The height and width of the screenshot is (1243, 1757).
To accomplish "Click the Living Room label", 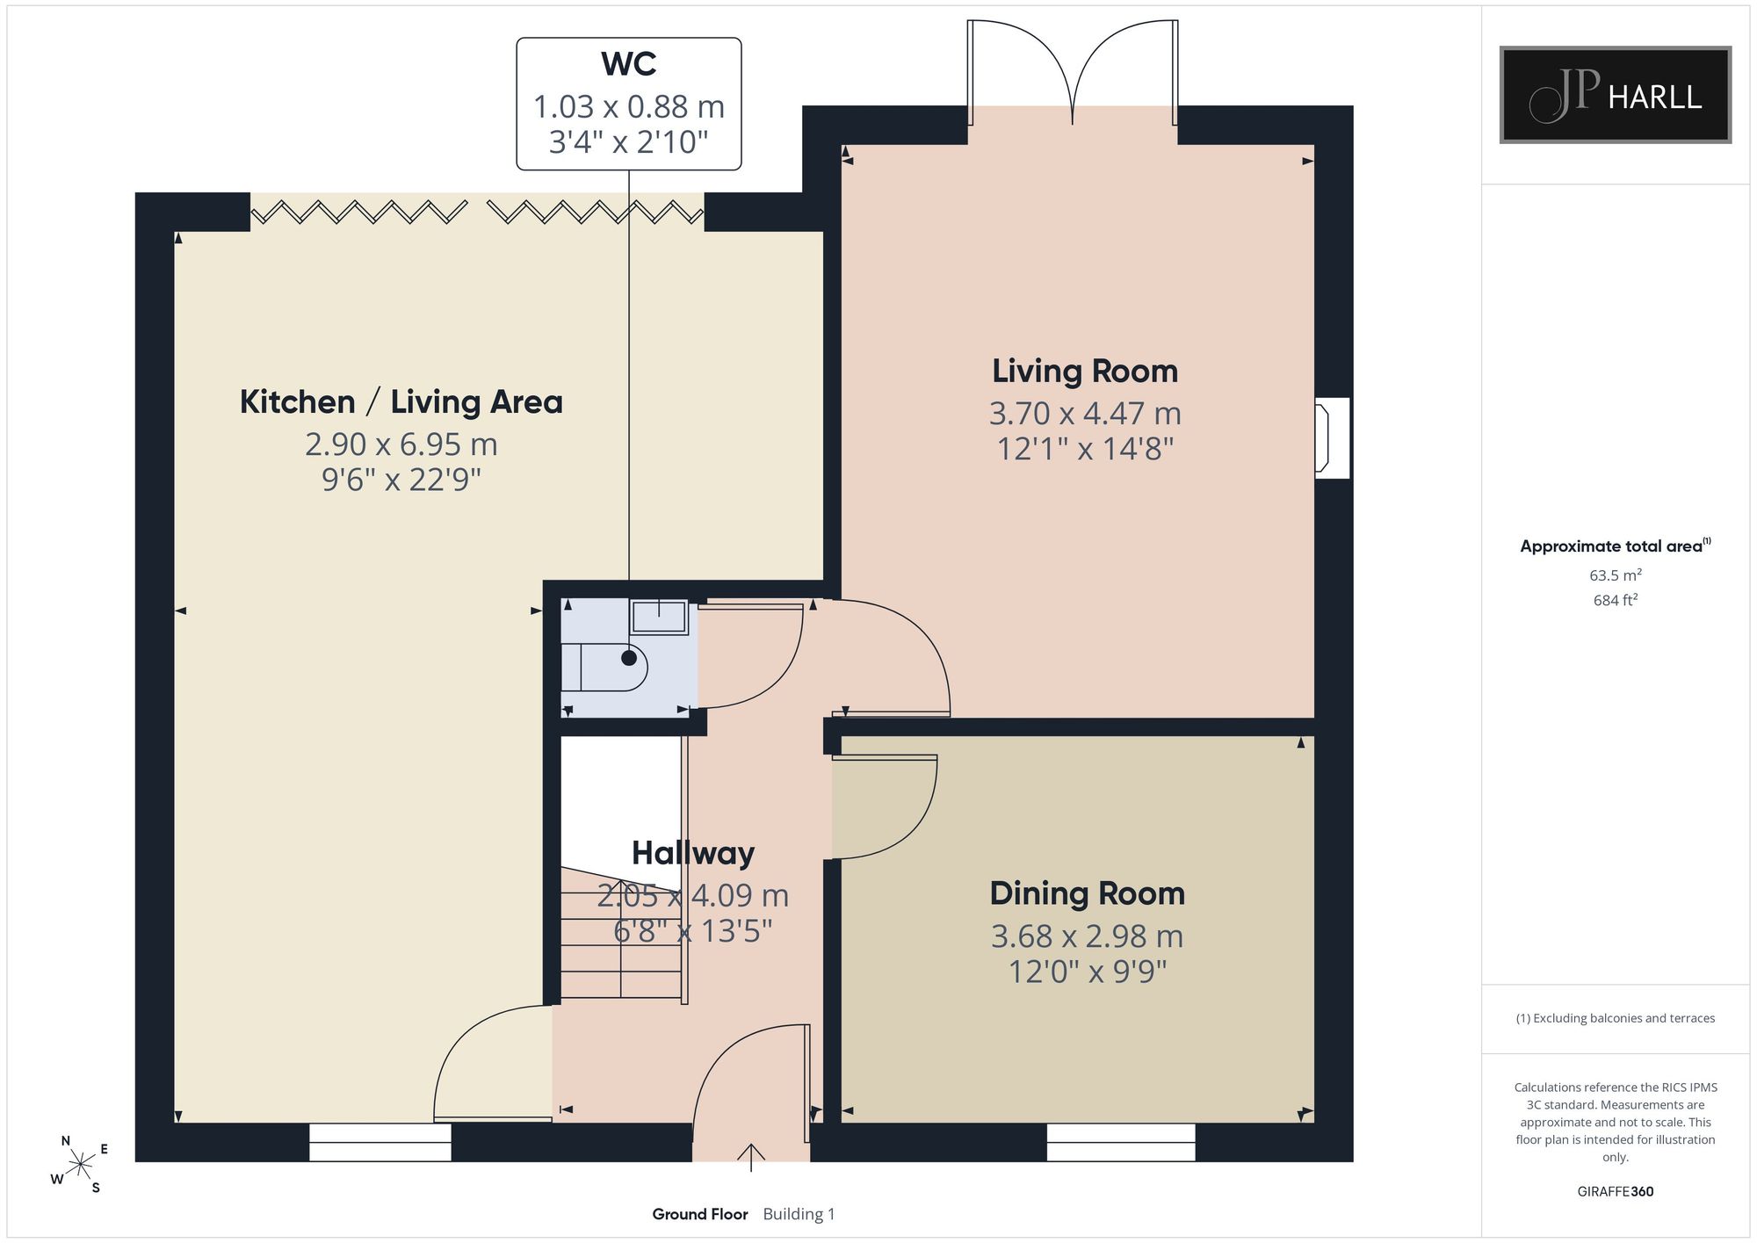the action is tap(1085, 372).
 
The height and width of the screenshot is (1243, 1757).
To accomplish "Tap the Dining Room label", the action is tap(1088, 893).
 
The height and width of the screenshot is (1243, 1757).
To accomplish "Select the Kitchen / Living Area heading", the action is tap(401, 402).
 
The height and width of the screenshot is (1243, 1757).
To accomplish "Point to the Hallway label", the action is tap(693, 853).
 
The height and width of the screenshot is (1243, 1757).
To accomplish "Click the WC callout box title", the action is tap(629, 64).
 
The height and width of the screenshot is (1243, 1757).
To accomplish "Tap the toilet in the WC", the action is tap(605, 667).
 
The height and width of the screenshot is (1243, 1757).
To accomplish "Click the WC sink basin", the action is tap(659, 617).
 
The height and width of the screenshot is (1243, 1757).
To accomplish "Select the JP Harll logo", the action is tap(1616, 95).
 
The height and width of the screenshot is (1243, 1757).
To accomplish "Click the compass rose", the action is tap(80, 1165).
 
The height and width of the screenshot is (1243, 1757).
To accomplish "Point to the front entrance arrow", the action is tap(751, 1158).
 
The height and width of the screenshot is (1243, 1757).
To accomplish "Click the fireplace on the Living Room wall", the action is tap(1332, 438).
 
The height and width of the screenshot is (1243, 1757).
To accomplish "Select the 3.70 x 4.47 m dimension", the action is tap(1085, 413).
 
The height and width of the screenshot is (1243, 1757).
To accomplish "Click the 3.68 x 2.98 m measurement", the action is tap(1088, 936).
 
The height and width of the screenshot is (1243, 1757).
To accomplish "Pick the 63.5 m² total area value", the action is tap(1616, 575).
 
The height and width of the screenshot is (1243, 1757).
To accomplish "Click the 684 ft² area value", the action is tap(1616, 600).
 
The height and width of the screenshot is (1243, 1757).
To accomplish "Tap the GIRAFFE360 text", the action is tap(1616, 1192).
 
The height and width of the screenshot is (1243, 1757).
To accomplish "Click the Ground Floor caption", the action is tap(700, 1214).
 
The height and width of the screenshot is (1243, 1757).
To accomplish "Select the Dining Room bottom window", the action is tap(1121, 1142).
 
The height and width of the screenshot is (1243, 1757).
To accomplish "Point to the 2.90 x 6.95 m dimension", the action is tap(401, 444).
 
